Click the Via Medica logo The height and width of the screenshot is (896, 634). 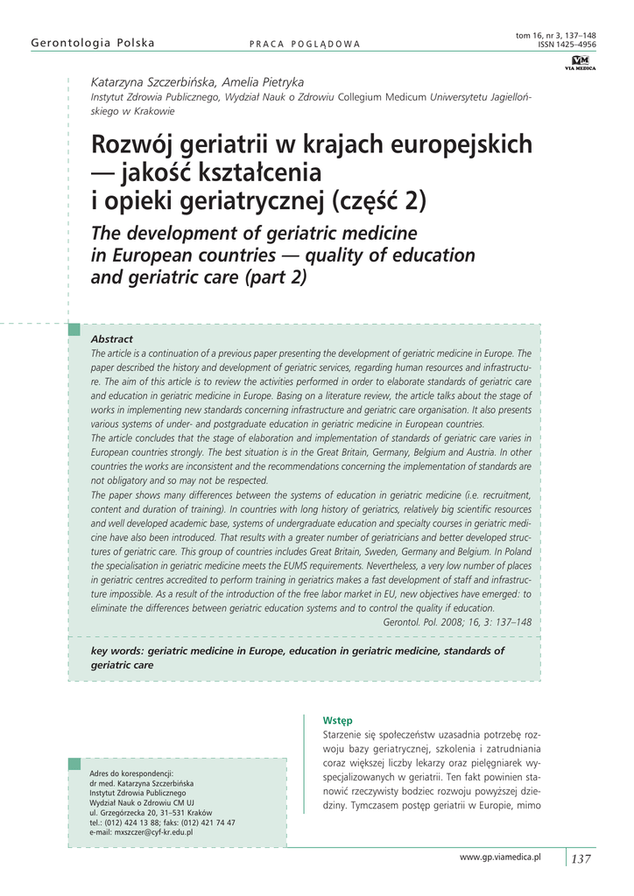tap(580, 62)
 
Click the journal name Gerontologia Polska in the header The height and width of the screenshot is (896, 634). tap(93, 43)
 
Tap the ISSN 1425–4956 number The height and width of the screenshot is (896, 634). tap(567, 44)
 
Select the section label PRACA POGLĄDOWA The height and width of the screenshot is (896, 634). tap(305, 44)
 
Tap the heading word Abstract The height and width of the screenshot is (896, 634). tap(112, 339)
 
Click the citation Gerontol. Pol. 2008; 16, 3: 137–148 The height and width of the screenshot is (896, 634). tap(457, 622)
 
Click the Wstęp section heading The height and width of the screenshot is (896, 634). tap(337, 720)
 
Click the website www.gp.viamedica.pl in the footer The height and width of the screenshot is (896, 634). tap(500, 857)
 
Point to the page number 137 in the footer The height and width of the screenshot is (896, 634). tap(581, 858)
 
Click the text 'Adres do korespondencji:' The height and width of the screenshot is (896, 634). tap(132, 773)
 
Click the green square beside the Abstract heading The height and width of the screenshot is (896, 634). tap(74, 329)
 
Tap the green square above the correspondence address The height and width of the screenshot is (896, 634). tap(74, 764)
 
